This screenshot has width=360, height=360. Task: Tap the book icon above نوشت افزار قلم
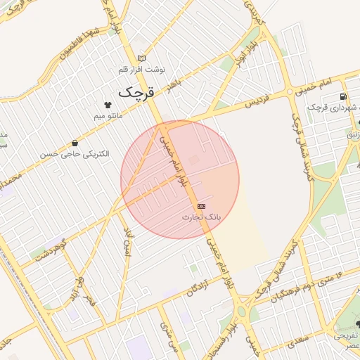pos(142,58)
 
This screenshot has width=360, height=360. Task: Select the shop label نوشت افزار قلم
pos(142,70)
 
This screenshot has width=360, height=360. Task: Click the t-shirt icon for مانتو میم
pos(108,104)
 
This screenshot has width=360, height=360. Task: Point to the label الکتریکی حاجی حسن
pos(75,154)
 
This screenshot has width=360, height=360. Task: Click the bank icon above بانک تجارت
pos(202,206)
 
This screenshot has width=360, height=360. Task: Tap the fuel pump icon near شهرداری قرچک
pos(342,96)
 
